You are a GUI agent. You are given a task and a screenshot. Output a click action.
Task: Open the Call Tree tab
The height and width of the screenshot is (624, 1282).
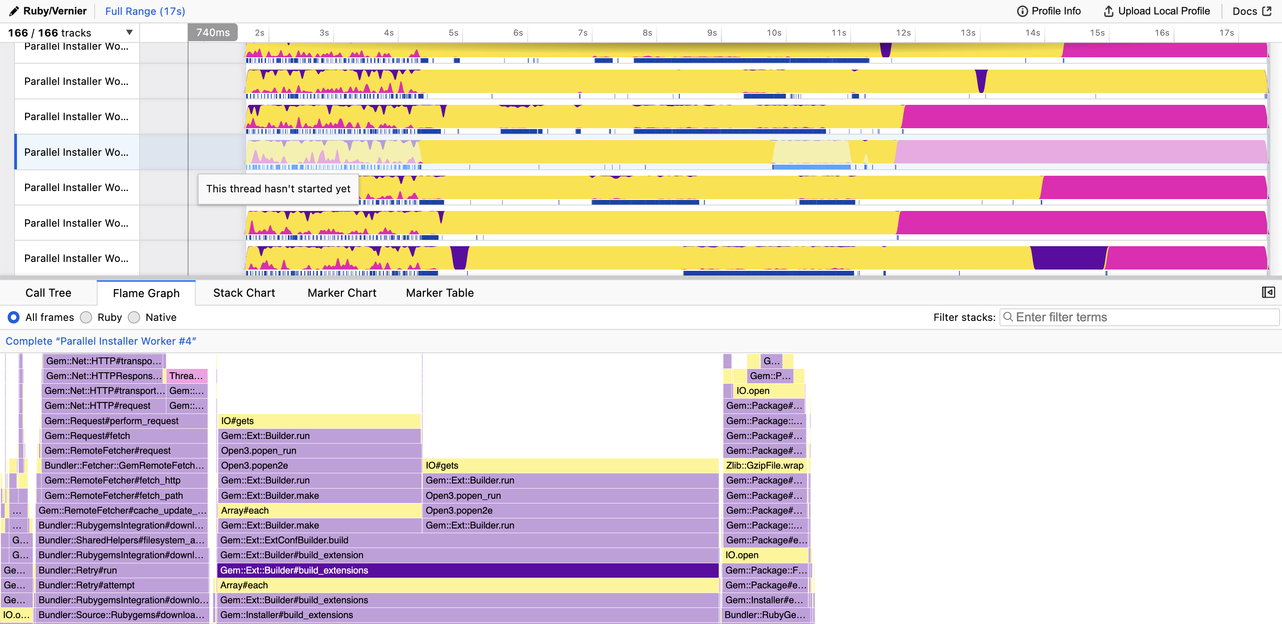[x=48, y=293]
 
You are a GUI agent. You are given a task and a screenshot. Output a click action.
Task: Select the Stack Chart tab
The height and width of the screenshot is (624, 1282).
[x=244, y=293]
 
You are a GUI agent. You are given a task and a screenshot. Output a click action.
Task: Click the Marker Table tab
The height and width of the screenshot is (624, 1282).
[x=439, y=293]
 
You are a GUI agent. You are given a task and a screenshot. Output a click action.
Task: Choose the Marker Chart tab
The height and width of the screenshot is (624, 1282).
[x=342, y=293]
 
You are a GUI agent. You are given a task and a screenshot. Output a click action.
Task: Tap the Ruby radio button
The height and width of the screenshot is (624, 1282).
[x=87, y=318]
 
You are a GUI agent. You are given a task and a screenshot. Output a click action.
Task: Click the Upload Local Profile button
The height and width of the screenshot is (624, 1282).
[x=1157, y=11]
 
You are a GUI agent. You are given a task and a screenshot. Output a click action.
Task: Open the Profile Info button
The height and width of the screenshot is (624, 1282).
[x=1049, y=11]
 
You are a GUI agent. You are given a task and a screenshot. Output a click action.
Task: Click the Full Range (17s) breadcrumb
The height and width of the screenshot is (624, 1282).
[x=145, y=11]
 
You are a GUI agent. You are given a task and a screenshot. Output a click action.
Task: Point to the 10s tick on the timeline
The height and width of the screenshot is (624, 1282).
[x=774, y=33]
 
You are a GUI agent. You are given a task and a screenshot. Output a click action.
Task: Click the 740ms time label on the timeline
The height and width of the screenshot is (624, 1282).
[x=213, y=33]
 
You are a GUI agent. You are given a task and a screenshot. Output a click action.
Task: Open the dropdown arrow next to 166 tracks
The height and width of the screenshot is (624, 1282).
[x=129, y=33]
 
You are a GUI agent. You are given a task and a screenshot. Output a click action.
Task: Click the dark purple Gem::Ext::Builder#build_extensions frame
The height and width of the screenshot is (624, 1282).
[x=468, y=570]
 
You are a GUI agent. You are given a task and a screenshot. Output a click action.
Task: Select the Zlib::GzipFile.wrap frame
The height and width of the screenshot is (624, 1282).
[x=765, y=466]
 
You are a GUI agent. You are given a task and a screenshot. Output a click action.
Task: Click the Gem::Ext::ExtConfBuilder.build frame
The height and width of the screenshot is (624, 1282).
[x=468, y=540]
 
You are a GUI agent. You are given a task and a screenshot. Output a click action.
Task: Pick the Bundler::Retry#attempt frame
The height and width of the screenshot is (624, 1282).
[x=122, y=585]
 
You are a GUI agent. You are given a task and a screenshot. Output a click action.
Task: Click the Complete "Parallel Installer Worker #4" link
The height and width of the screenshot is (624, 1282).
[x=101, y=341]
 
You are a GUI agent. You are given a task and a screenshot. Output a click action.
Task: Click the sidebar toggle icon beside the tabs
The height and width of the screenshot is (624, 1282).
[x=1268, y=292]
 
